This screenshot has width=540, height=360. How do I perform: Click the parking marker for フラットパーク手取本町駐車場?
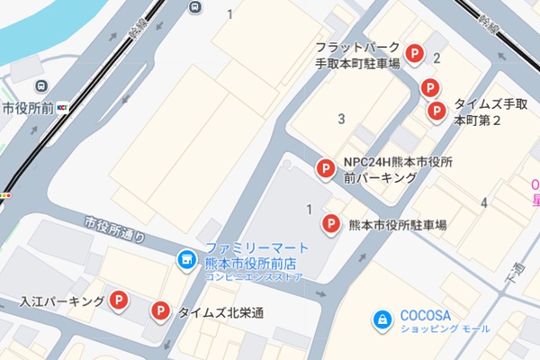coord(414,55)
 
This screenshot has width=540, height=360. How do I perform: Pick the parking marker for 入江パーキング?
coord(119,301)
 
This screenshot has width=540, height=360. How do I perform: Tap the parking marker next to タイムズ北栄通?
coord(160,312)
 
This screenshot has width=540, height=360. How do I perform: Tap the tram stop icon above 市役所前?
coord(40,86)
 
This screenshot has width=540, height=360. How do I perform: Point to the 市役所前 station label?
coord(28,108)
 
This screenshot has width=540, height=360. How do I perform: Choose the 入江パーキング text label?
coord(61,301)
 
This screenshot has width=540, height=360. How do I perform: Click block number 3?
coord(341,119)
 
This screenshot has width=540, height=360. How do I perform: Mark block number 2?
coord(436,59)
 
